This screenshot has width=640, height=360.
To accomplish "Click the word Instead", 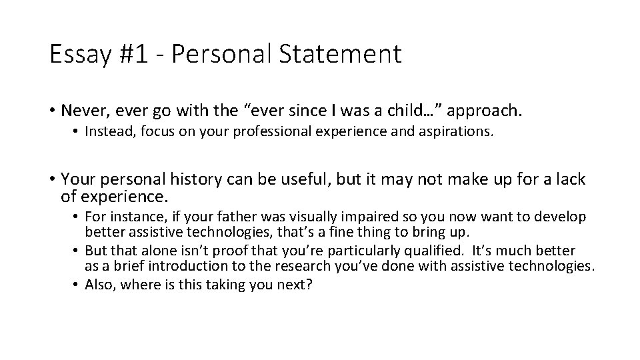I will click(111, 132).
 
